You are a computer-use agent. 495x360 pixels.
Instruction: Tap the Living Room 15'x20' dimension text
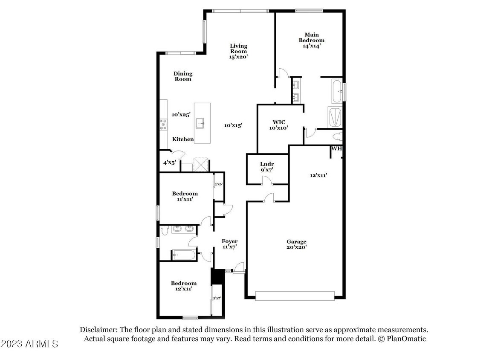(x=239, y=56)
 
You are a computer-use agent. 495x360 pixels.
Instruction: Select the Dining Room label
(x=182, y=76)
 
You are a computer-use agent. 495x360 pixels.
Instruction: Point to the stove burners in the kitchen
(x=163, y=124)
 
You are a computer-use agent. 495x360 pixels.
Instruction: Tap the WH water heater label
(x=336, y=149)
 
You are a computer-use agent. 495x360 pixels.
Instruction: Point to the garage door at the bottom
(x=295, y=296)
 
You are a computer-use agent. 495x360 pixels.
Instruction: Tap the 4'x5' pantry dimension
(x=170, y=163)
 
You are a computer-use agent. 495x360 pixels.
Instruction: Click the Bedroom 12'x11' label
(x=184, y=286)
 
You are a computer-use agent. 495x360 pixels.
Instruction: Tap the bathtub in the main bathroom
(x=336, y=91)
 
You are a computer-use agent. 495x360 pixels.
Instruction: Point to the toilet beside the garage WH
(x=338, y=136)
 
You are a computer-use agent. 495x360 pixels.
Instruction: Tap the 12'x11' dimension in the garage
(x=318, y=175)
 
